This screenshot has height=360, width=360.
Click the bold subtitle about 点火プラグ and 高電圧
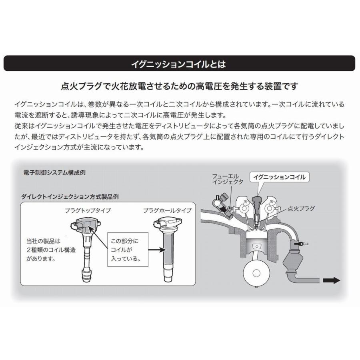179,86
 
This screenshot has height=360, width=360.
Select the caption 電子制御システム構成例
54,173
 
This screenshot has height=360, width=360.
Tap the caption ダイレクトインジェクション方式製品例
70,197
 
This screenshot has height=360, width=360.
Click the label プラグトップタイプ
88,210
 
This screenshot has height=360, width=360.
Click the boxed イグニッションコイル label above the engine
280,177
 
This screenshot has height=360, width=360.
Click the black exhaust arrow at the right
331,280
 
